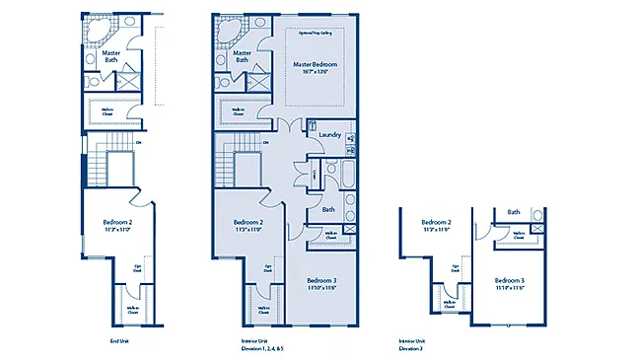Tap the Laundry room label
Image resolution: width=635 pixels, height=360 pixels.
pyautogui.click(x=330, y=135)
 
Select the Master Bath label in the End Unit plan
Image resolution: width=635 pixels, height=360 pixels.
pyautogui.click(x=112, y=56)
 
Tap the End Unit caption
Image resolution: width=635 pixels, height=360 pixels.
pyautogui.click(x=118, y=341)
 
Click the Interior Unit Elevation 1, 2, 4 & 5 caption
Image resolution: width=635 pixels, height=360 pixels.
pyautogui.click(x=262, y=345)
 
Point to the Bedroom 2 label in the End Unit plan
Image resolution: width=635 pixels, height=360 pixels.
pyautogui.click(x=117, y=223)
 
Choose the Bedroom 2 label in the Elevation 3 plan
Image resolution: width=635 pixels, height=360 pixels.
pyautogui.click(x=436, y=223)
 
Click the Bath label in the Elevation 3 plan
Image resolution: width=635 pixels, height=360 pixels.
pyautogui.click(x=514, y=212)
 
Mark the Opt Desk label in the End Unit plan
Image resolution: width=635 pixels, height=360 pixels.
pyautogui.click(x=137, y=268)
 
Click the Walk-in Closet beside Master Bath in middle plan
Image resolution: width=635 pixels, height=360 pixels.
pyautogui.click(x=239, y=113)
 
